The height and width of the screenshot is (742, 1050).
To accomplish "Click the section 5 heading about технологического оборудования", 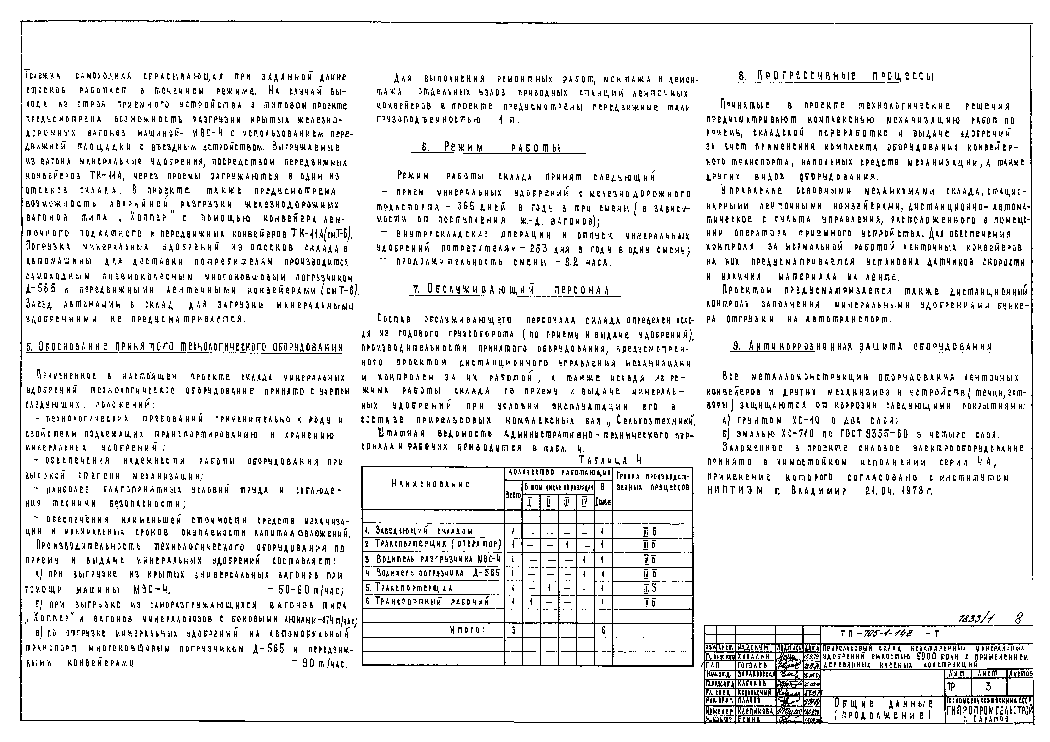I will coord(184,347).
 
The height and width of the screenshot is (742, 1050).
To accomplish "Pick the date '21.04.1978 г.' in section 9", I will coord(899,491).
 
